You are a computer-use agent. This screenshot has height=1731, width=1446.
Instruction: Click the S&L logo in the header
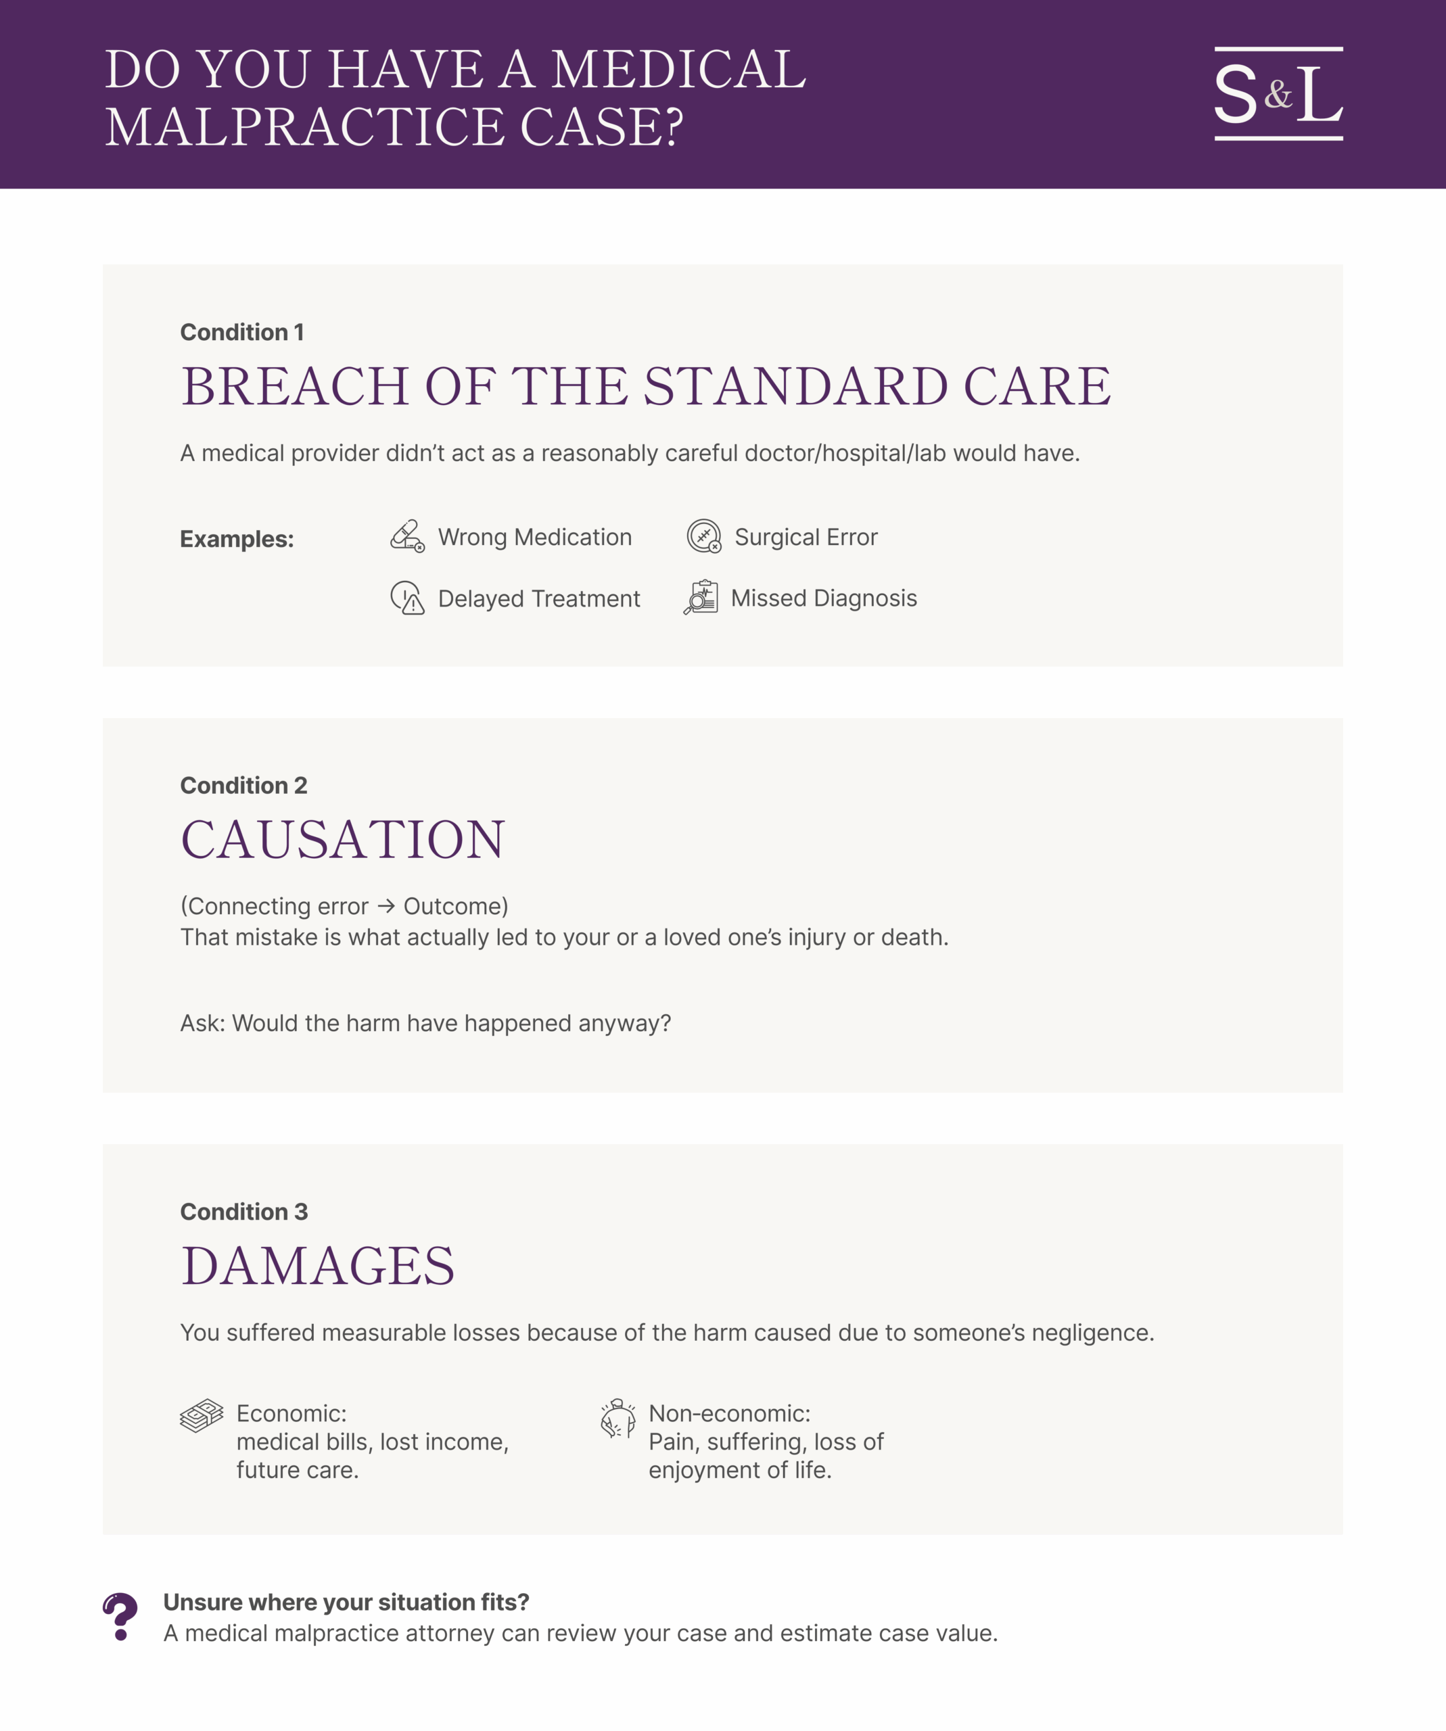[1278, 94]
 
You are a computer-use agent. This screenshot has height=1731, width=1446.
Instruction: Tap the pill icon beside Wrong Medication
[407, 537]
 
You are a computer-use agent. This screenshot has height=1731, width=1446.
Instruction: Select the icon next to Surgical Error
[704, 537]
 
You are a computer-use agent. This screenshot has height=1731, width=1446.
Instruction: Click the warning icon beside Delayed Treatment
[407, 598]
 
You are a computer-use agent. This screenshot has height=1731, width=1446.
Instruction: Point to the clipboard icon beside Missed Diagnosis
[701, 598]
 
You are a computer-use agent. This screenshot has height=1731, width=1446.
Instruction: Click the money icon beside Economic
[201, 1416]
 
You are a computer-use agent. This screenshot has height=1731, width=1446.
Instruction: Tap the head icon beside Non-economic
[618, 1418]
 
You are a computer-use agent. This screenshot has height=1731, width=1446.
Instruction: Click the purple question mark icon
[120, 1617]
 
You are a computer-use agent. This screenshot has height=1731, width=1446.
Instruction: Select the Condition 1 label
[242, 332]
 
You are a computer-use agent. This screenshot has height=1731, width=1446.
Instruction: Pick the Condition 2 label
[244, 786]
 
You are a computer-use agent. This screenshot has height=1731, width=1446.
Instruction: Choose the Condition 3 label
[244, 1212]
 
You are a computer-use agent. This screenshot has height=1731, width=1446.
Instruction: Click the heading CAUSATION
[343, 840]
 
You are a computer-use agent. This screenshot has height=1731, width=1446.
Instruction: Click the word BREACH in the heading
[295, 387]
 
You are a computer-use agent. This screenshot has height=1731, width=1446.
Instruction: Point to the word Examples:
[237, 539]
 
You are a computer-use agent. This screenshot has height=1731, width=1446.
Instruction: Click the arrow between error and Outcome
[386, 906]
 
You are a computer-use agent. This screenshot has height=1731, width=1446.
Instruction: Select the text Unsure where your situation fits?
[346, 1602]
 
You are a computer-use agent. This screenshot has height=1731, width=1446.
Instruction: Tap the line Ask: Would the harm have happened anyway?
[425, 1023]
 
